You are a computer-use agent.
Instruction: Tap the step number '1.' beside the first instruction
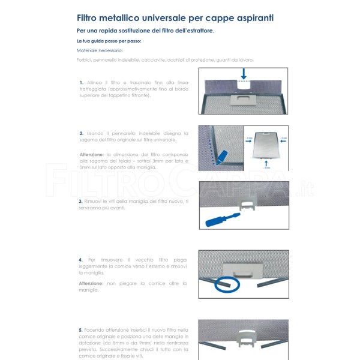coord(81,82)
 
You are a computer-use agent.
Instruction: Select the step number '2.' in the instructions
coord(81,133)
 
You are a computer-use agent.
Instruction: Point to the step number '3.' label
coord(81,201)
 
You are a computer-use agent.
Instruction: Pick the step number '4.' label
coord(81,260)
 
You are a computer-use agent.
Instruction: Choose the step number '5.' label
coord(81,329)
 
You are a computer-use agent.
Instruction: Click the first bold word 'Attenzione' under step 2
coord(91,155)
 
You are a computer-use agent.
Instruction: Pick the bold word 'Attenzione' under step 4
coord(91,283)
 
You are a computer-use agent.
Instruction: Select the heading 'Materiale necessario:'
coord(99,50)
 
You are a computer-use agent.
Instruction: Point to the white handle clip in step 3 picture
coord(247,205)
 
